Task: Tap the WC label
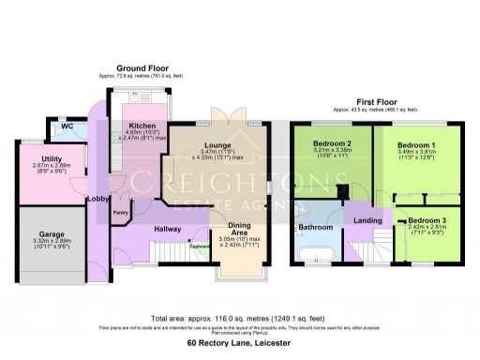[67, 127]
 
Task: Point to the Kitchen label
[142, 126]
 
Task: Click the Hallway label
[170, 229]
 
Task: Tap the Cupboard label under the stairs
[200, 248]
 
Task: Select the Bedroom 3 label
[425, 219]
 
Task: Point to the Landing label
[367, 220]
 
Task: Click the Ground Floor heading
[141, 67]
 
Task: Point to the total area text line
[239, 319]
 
